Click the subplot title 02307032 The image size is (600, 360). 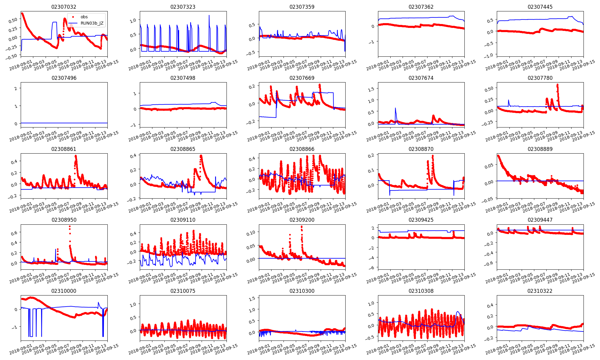[64, 7]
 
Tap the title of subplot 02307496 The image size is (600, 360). [64, 78]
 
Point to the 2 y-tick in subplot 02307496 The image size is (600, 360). [16, 88]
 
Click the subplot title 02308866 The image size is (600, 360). [302, 149]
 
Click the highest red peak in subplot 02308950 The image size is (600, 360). [70, 226]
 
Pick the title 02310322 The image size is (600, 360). [540, 291]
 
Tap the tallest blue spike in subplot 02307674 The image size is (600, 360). [395, 108]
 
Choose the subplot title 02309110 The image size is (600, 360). [183, 220]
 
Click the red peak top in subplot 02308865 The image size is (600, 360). [201, 156]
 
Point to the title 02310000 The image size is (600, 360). [64, 291]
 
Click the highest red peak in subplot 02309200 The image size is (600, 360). [301, 226]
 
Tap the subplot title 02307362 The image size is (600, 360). [421, 7]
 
